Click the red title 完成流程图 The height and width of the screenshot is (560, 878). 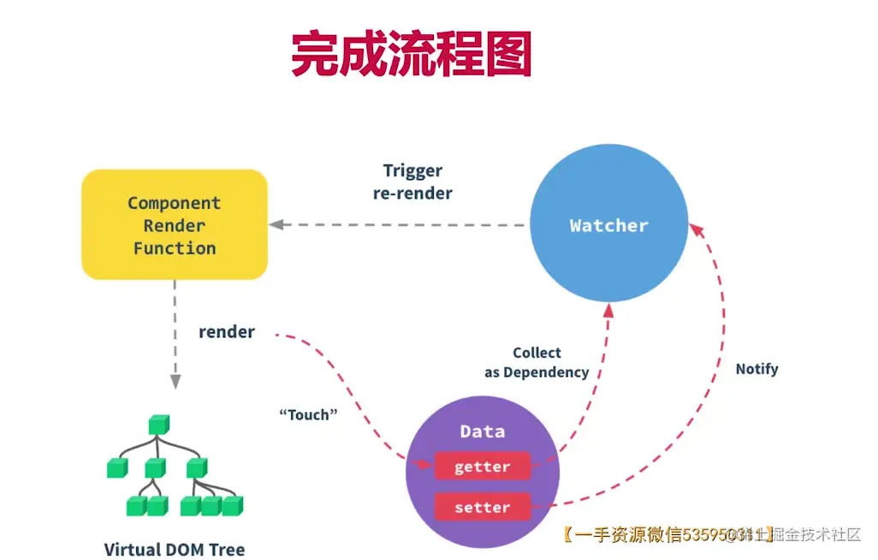[x=412, y=54]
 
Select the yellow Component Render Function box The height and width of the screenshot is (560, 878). [x=175, y=224]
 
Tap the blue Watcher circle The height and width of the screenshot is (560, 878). [x=608, y=225]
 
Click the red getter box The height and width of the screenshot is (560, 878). [x=482, y=467]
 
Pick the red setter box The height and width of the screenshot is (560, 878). [x=482, y=507]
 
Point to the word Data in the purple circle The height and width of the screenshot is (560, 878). [x=482, y=432]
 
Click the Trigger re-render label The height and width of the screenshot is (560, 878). [x=412, y=182]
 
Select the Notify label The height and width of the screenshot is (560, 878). [x=756, y=369]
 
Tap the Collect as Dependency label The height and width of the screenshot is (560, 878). [x=537, y=362]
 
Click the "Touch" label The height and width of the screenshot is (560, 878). [x=308, y=414]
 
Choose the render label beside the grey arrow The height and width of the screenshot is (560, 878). [x=227, y=331]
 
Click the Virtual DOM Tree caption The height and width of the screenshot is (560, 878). [x=175, y=549]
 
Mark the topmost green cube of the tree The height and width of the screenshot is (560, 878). [x=159, y=423]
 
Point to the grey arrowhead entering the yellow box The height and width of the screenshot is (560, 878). [x=276, y=224]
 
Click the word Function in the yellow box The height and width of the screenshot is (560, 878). [x=175, y=248]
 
